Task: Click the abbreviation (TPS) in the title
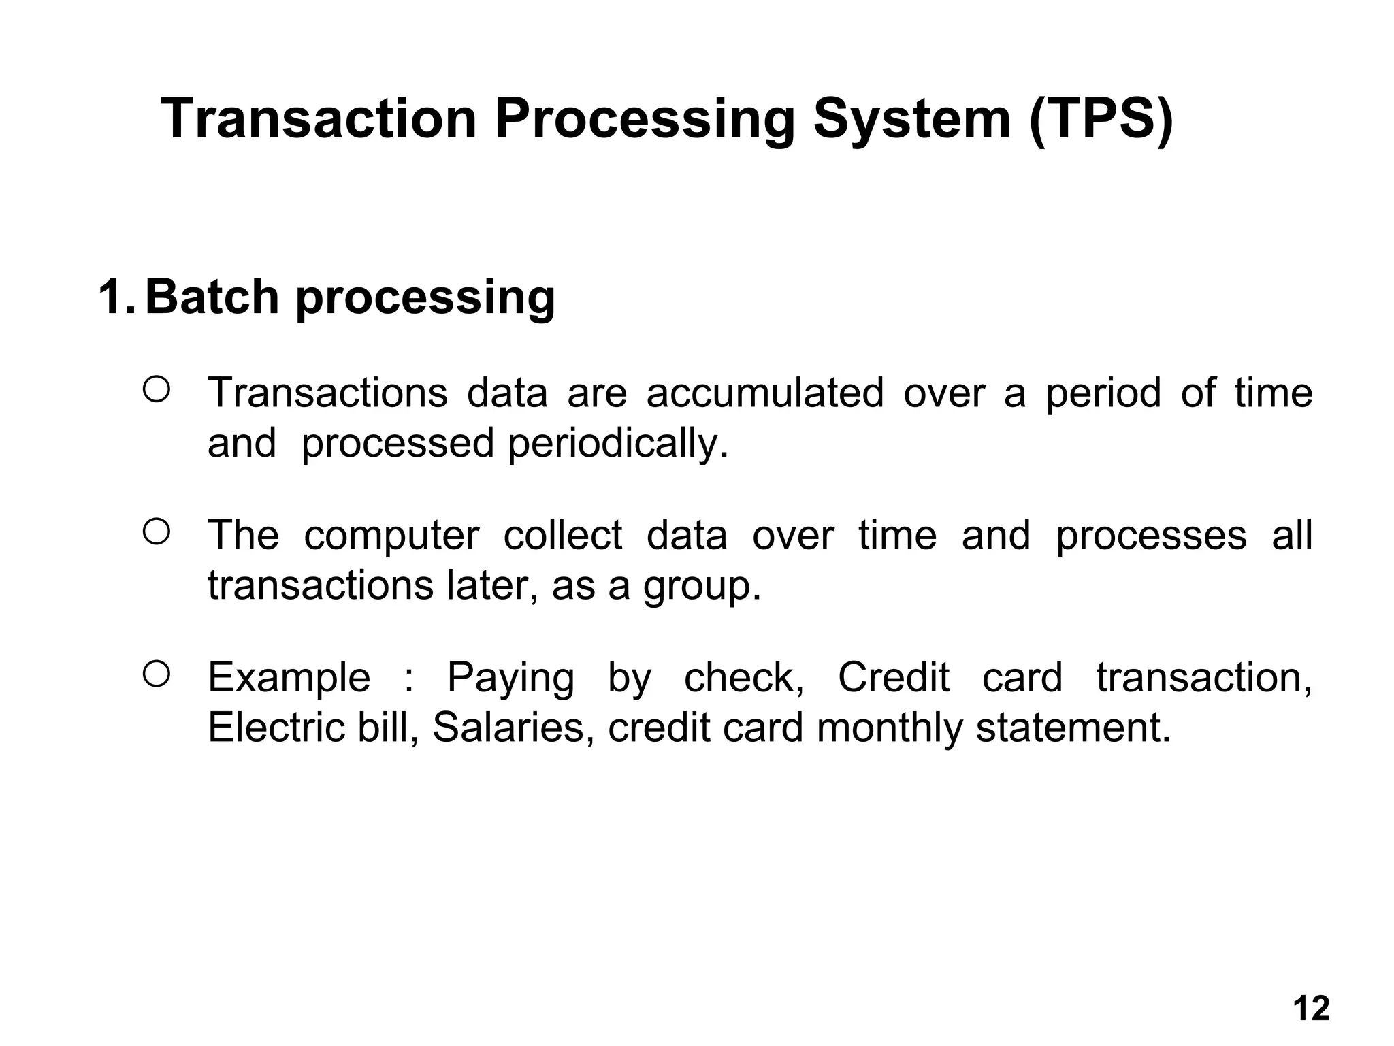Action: [x=1101, y=120]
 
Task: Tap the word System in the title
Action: [x=911, y=120]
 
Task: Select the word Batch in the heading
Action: [x=212, y=297]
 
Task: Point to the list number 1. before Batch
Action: [x=116, y=297]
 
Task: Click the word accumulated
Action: [x=764, y=393]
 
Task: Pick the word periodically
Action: [x=618, y=444]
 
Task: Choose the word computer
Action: [x=391, y=535]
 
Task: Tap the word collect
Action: [x=562, y=535]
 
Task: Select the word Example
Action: [x=289, y=679]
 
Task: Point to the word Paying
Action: [x=510, y=679]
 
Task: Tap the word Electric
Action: [x=276, y=728]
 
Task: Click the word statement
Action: [x=1073, y=728]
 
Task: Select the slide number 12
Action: [x=1310, y=1009]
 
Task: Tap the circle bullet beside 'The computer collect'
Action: [x=156, y=532]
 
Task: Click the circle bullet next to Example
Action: [x=156, y=674]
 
